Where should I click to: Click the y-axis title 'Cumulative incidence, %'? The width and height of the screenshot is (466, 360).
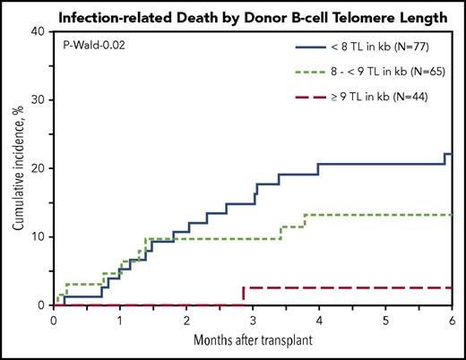[19, 168]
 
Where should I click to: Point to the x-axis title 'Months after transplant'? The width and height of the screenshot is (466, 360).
[253, 341]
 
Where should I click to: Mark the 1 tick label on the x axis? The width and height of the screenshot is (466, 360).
[120, 320]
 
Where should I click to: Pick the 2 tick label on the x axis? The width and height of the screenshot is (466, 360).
[186, 320]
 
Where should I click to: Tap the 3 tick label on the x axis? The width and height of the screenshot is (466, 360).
[253, 320]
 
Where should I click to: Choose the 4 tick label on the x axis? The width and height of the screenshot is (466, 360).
[319, 320]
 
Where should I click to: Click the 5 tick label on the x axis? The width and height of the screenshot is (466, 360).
[385, 320]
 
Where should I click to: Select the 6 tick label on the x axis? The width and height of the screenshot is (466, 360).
[451, 320]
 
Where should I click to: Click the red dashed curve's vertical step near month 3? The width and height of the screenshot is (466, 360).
[244, 296]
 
